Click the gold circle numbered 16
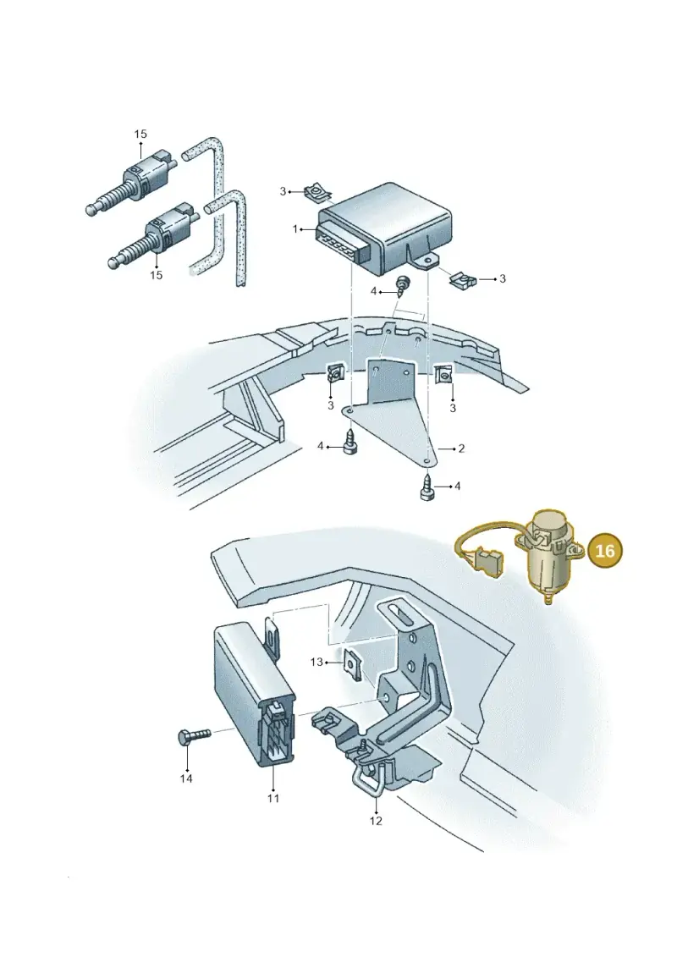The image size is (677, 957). (604, 551)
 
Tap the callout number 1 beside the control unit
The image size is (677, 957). (295, 229)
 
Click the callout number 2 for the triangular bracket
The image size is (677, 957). (461, 448)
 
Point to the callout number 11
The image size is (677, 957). (272, 798)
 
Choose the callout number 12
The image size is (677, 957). (376, 821)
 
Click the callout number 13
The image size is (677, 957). (316, 662)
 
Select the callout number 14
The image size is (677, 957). (186, 778)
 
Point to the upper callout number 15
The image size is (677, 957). (140, 134)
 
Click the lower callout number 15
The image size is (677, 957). (157, 275)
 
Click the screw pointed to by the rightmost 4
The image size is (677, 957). (427, 487)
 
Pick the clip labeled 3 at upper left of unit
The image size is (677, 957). (317, 194)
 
